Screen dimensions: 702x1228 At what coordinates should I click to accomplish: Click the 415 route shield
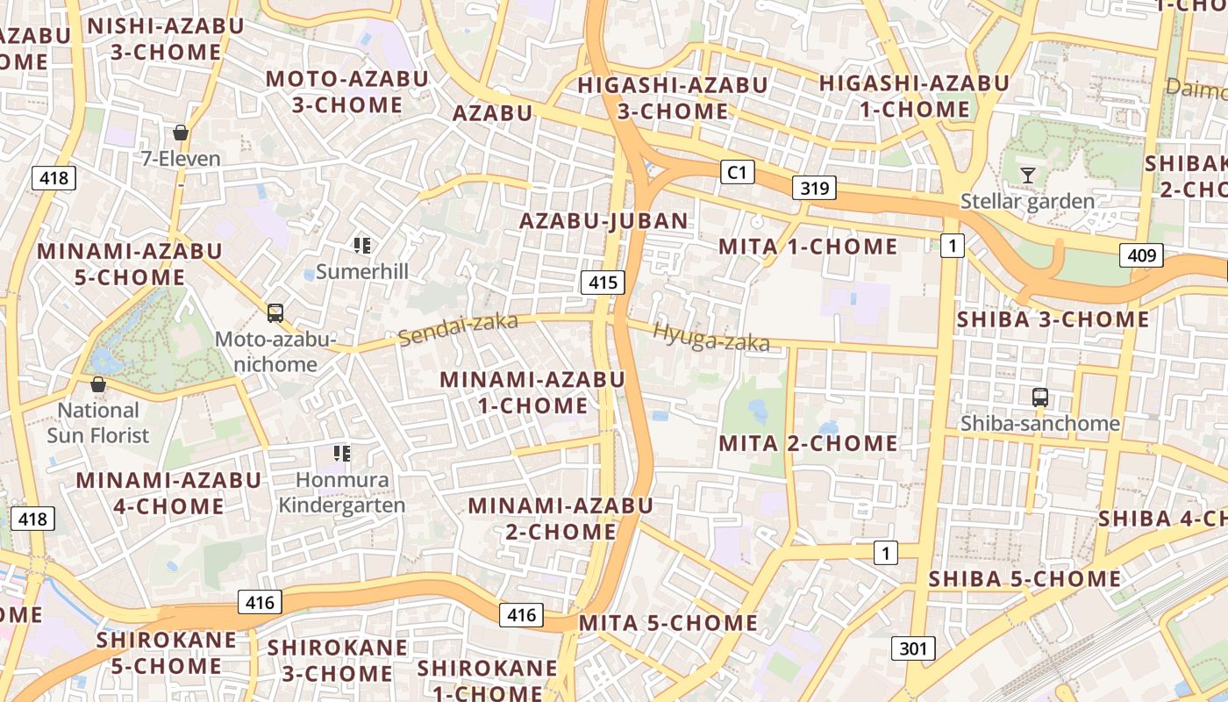click(603, 283)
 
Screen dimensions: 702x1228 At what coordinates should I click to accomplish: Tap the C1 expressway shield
click(737, 172)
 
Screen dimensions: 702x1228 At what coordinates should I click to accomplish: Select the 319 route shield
click(813, 188)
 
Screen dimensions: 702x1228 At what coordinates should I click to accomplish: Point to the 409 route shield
click(1141, 255)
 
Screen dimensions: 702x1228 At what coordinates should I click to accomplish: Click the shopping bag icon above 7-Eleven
click(181, 133)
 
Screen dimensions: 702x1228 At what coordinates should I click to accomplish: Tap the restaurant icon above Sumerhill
click(362, 246)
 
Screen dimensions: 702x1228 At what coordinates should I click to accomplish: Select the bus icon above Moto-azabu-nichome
click(275, 313)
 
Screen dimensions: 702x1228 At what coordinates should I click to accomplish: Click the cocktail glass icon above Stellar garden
click(1027, 175)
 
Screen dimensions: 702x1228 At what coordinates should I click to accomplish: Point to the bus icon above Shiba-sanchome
click(1040, 398)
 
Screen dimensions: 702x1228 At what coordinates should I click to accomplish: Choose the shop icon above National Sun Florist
click(98, 384)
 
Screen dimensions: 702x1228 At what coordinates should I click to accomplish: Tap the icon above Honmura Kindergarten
click(342, 454)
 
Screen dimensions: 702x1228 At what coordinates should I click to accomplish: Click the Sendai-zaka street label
click(458, 330)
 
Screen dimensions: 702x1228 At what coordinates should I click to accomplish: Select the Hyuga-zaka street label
click(711, 337)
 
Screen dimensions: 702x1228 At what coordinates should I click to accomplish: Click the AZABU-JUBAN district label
click(603, 220)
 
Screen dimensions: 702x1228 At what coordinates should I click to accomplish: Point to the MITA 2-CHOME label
click(808, 443)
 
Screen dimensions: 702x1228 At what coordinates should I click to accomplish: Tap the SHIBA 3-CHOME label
click(1053, 319)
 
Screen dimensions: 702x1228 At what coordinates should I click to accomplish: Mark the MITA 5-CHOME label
click(668, 623)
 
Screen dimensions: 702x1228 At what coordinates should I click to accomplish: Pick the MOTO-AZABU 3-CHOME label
click(346, 91)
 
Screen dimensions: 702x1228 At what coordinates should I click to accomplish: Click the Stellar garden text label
click(1027, 201)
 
